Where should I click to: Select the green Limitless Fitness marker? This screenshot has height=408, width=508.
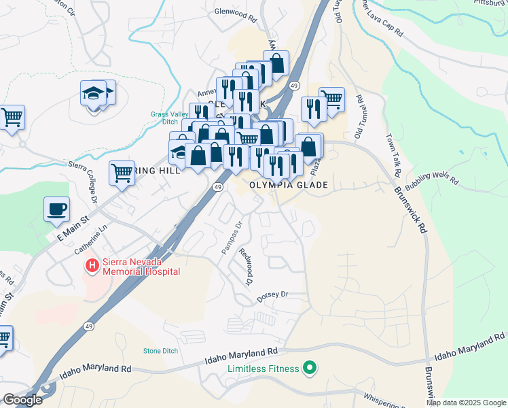click(310, 369)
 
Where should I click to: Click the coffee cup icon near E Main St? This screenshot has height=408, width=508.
click(56, 208)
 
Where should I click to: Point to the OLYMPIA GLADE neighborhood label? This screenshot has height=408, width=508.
click(289, 185)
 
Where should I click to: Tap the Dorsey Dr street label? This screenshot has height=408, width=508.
click(273, 296)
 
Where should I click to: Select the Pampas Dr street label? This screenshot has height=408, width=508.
click(232, 239)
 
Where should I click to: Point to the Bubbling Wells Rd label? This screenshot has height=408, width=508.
click(432, 182)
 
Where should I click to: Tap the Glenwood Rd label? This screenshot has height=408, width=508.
click(233, 12)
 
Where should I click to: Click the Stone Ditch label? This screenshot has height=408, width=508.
click(160, 351)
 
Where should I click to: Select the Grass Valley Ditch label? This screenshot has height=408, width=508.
click(169, 118)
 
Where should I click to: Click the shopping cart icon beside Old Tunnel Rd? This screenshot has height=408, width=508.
click(331, 99)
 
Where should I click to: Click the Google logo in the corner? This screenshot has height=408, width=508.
click(22, 400)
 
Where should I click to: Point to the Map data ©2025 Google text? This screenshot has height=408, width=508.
click(466, 403)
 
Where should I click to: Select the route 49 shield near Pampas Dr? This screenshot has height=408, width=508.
click(218, 187)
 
